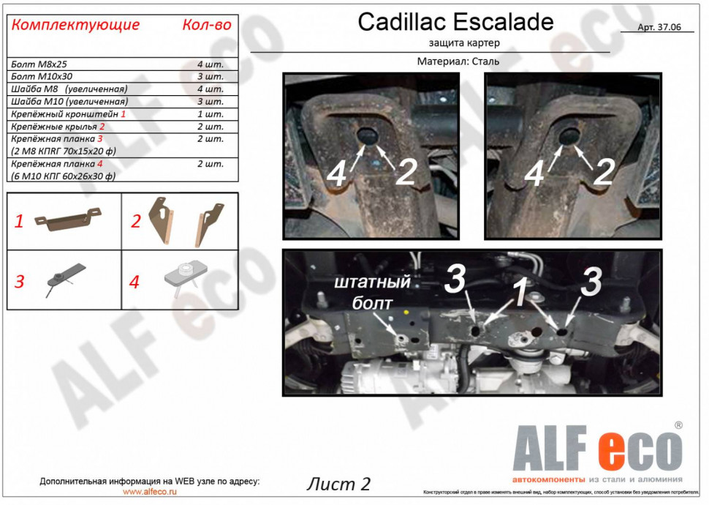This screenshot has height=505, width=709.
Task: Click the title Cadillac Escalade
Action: pyautogui.click(x=455, y=22)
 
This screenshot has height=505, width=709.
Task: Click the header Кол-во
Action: pyautogui.click(x=206, y=25)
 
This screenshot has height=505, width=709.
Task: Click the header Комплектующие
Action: pyautogui.click(x=76, y=25)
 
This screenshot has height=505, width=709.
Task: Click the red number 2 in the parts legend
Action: pyautogui.click(x=135, y=221)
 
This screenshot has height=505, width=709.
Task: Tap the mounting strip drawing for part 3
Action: pyautogui.click(x=64, y=278)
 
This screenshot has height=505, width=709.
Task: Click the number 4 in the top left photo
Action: pyautogui.click(x=336, y=173)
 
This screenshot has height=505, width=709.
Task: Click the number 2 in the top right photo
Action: pyautogui.click(x=603, y=172)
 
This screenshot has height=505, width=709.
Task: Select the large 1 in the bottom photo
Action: pyautogui.click(x=519, y=293)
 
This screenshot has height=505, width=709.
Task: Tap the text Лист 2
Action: pyautogui.click(x=338, y=484)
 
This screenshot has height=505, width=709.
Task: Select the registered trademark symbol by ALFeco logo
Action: pyautogui.click(x=678, y=424)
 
